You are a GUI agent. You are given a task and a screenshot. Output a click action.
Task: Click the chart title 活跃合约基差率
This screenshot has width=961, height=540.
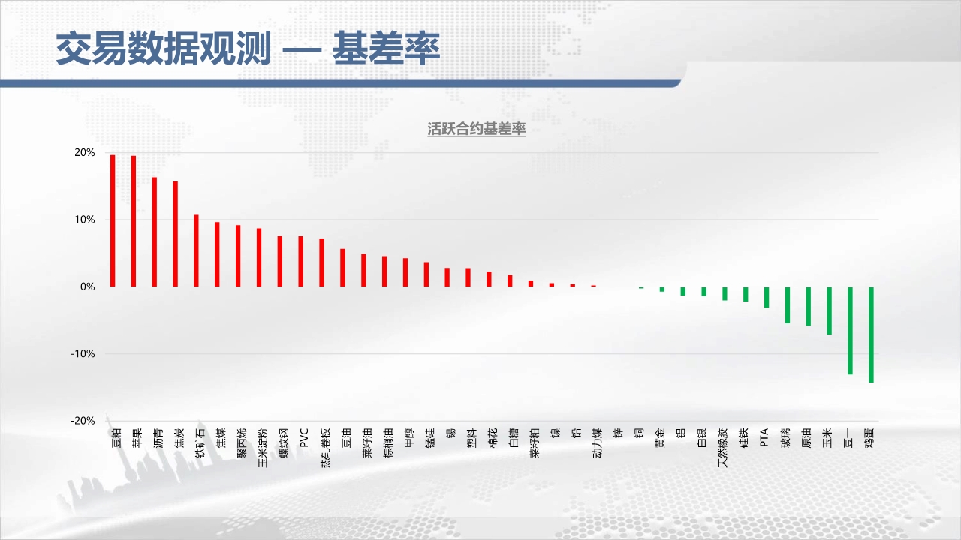pos(476,129)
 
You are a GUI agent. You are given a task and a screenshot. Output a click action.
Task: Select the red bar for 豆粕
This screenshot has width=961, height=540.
pos(113,220)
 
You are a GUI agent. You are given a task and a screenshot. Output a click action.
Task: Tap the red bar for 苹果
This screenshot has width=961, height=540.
pos(134,221)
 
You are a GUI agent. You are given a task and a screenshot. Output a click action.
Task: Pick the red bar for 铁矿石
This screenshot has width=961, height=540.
pos(196,250)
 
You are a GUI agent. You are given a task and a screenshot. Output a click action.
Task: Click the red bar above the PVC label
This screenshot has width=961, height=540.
pos(301,262)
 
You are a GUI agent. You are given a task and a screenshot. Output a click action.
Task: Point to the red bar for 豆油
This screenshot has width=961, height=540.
pos(342,268)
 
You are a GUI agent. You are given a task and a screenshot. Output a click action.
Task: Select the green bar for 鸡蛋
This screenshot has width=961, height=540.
pos(871,334)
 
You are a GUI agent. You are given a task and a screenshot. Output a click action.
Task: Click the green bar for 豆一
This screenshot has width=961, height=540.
pos(850,331)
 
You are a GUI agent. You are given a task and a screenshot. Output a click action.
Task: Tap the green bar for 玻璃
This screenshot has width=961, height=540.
pos(788,305)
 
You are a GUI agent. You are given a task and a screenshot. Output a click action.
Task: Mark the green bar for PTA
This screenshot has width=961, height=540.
pos(767,298)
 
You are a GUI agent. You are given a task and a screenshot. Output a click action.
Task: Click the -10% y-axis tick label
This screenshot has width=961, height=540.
pos(83,353)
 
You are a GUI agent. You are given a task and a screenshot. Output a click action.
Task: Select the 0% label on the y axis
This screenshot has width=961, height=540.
pos(88,286)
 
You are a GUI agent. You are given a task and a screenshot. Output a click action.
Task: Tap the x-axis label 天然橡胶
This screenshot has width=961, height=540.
pos(723,448)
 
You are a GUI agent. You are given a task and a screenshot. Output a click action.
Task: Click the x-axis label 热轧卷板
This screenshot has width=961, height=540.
pos(326,448)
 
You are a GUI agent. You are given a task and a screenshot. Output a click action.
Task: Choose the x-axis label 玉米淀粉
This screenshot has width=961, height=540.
pos(263,448)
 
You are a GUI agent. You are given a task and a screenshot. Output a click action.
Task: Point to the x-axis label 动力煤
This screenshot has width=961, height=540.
pos(597,442)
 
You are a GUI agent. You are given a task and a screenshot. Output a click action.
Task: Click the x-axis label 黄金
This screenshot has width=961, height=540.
pos(660,437)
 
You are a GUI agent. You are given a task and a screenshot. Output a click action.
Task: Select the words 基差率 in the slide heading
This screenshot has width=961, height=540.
pos(387,48)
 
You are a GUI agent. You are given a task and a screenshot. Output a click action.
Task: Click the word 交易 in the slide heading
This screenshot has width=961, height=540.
pos(92,48)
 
